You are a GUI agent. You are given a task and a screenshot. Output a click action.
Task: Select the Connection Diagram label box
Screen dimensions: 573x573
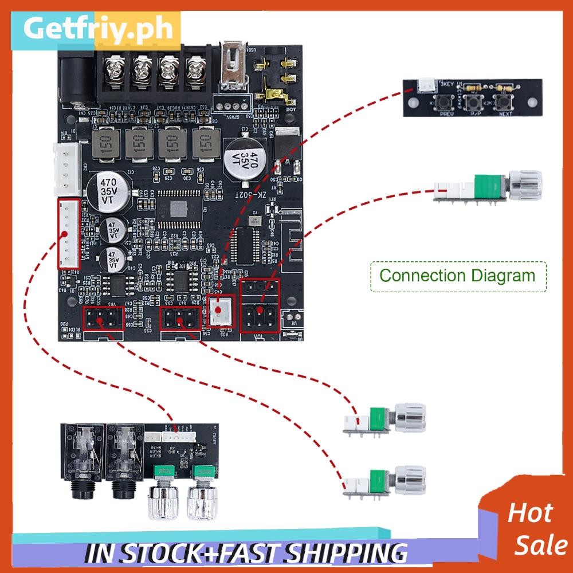click(x=457, y=276)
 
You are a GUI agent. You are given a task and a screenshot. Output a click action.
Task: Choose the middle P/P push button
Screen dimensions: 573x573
click(x=473, y=104)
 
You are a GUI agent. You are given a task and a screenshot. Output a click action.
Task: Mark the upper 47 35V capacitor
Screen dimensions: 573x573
click(x=113, y=229)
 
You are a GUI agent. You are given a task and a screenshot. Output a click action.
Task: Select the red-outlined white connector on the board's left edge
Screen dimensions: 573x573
click(x=68, y=234)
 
